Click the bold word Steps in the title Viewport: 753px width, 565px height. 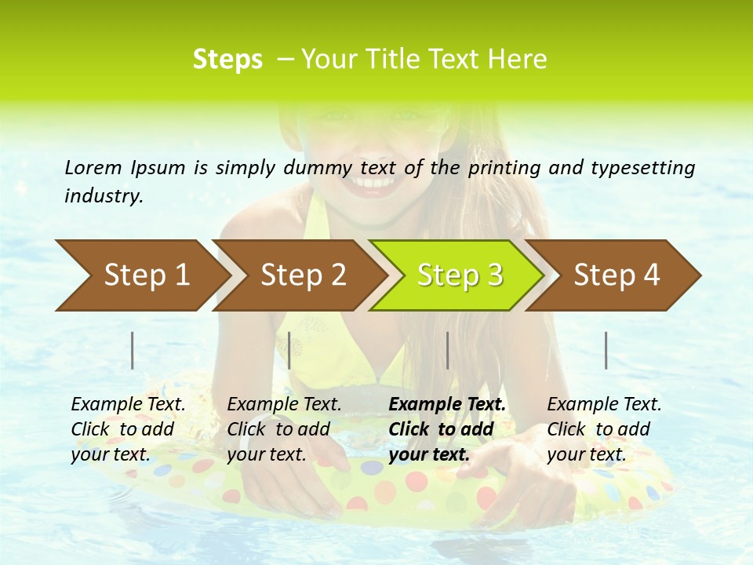(x=227, y=60)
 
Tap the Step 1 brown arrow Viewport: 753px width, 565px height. (x=141, y=275)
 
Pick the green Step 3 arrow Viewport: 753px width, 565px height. (x=460, y=275)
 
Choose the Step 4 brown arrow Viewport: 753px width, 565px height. (x=617, y=275)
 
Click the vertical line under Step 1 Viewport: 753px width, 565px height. (x=133, y=350)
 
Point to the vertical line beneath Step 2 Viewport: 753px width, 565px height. (x=289, y=350)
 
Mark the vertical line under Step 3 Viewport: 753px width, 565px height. (x=447, y=350)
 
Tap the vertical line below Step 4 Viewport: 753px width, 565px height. (x=606, y=350)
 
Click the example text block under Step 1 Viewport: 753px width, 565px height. (x=128, y=429)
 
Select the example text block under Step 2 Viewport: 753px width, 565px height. (x=284, y=429)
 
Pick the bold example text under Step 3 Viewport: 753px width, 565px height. (x=447, y=429)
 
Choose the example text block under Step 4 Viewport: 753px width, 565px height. (x=604, y=429)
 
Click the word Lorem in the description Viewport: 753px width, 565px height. (x=93, y=167)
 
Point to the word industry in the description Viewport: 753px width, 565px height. (x=104, y=196)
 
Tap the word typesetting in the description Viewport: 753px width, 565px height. (x=646, y=167)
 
